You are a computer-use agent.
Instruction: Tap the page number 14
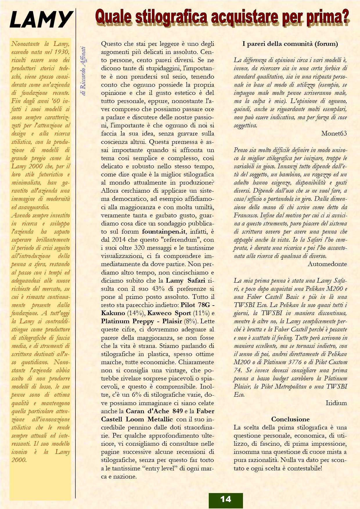coord(226,499)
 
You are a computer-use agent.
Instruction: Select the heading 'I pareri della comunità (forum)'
coord(290,44)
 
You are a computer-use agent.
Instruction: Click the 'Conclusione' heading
coord(290,419)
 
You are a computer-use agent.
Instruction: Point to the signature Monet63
coord(334,133)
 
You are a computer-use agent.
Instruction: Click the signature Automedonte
coord(327,264)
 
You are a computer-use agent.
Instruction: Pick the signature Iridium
coord(336,403)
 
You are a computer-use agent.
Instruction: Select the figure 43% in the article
coord(158,289)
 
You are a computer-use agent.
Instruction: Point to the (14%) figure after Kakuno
coord(136,313)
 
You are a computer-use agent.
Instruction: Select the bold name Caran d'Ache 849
coord(154,411)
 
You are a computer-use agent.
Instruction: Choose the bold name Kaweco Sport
coord(169,313)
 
